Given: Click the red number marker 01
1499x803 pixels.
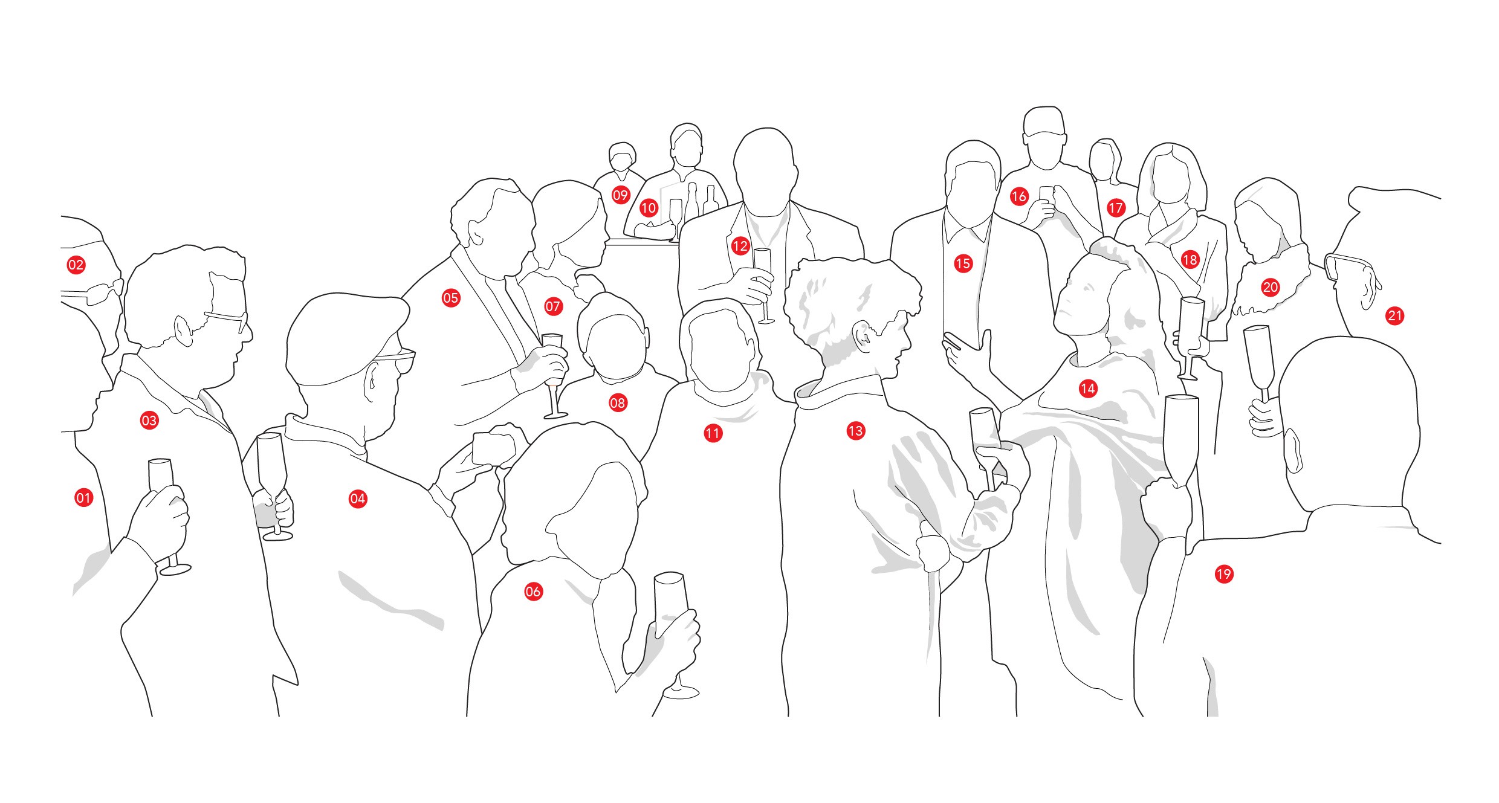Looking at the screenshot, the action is (x=83, y=498).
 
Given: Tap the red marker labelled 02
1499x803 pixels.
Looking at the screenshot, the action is (x=76, y=265).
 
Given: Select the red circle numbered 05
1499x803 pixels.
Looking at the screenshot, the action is (x=451, y=298).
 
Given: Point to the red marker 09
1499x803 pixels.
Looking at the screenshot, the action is (x=621, y=195).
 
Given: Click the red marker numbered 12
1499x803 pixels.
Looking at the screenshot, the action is (x=740, y=246).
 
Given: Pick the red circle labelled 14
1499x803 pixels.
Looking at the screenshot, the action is (x=1088, y=389).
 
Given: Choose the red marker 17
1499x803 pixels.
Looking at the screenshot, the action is (x=1116, y=208).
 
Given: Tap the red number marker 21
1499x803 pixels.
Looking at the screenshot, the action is (x=1395, y=315).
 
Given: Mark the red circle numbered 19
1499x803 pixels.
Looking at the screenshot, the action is (x=1224, y=574).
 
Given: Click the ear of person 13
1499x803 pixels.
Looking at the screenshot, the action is (x=863, y=337).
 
